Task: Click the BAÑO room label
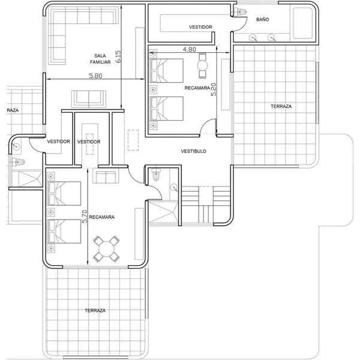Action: [x=262, y=20]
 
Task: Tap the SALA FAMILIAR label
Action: [x=100, y=59]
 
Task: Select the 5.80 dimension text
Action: [x=95, y=76]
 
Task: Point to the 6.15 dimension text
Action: [x=118, y=57]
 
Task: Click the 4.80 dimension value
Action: [x=190, y=49]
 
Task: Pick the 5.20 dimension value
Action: [x=214, y=89]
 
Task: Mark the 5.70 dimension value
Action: [x=85, y=217]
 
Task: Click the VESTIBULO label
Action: [x=194, y=151]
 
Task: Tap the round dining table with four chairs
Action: [x=106, y=249]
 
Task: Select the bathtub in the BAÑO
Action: [x=303, y=23]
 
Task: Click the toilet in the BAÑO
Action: [x=240, y=11]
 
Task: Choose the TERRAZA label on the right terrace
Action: [x=281, y=106]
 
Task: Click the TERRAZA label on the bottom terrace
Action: [x=95, y=310]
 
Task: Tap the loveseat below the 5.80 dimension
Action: [x=89, y=99]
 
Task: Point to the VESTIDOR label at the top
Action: [x=200, y=27]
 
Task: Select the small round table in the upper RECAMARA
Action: [x=203, y=65]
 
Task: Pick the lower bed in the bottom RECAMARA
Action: [x=64, y=231]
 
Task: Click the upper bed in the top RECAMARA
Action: [x=166, y=70]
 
